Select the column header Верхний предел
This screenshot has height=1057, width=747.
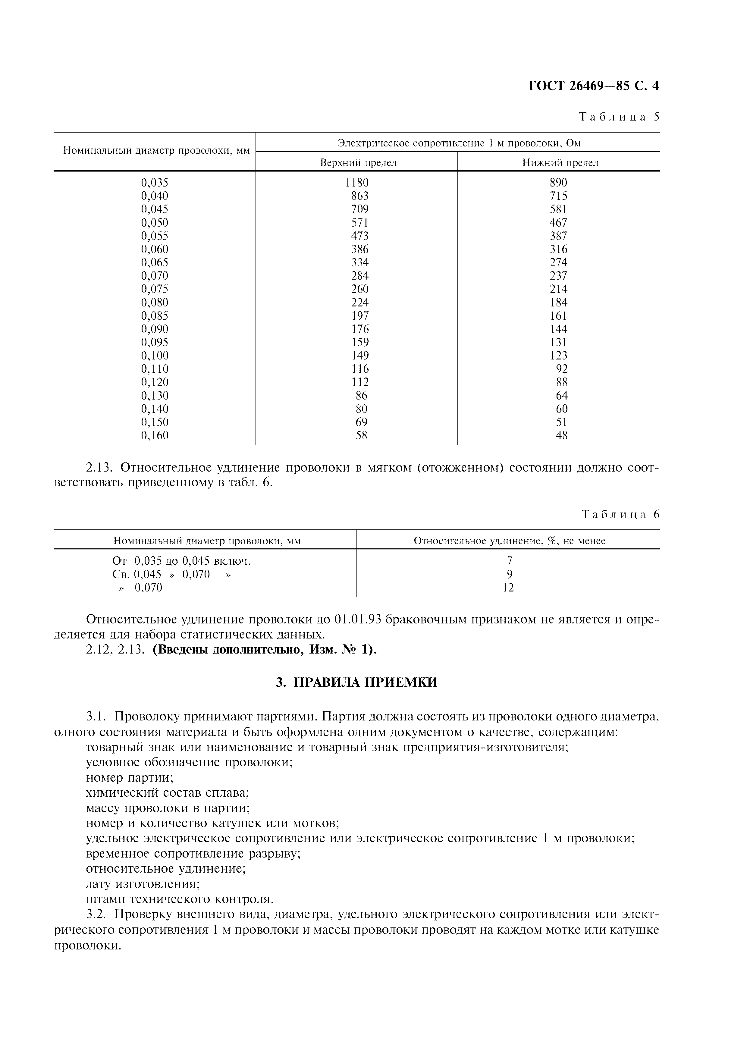coord(358,162)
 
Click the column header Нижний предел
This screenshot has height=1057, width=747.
coord(560,162)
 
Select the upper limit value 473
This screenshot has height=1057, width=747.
coord(359,236)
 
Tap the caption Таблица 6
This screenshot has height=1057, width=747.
coord(620,514)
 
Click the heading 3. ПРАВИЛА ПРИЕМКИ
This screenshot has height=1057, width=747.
coord(356,682)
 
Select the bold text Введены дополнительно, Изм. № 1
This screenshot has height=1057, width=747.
coord(264,650)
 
